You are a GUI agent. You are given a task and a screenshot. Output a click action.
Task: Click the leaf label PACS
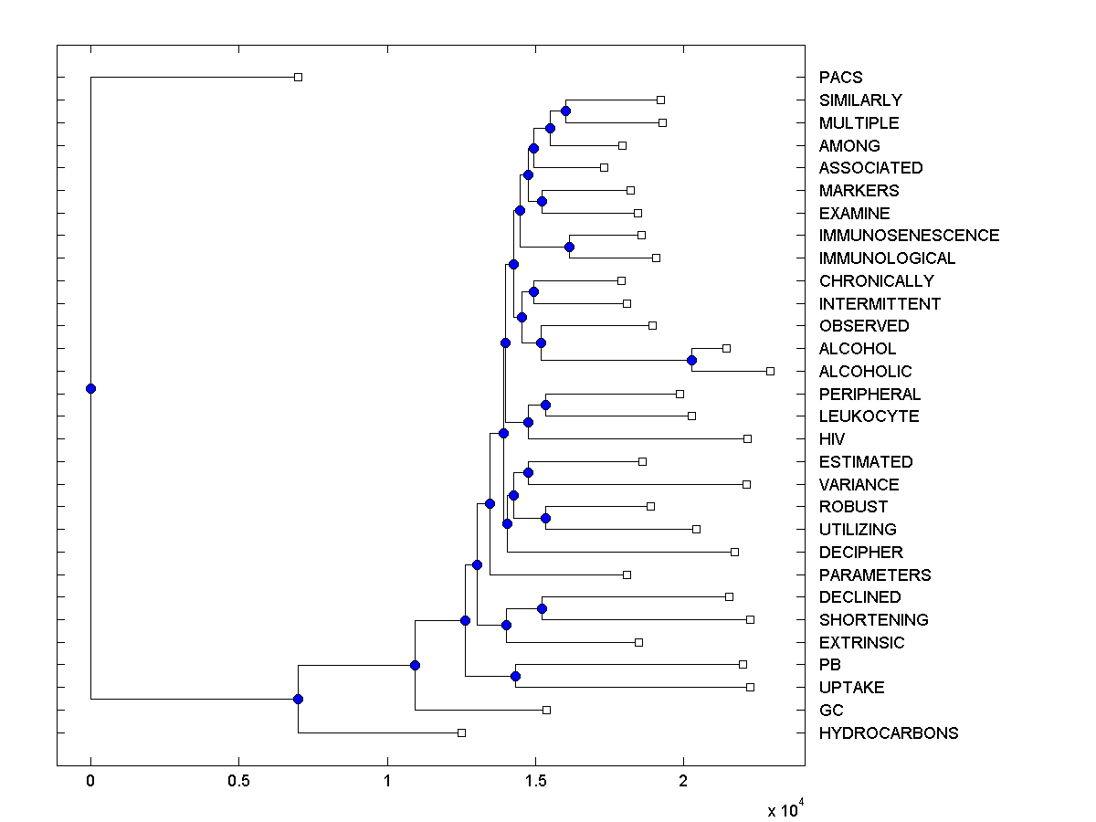pyautogui.click(x=840, y=78)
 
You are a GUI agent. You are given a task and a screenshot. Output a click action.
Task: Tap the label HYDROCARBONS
pyautogui.click(x=889, y=733)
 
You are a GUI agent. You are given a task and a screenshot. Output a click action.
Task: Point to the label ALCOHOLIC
pyautogui.click(x=865, y=372)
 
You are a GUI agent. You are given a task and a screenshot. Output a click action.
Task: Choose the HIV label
pyautogui.click(x=832, y=439)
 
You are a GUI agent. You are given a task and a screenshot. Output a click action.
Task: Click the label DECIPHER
pyautogui.click(x=860, y=553)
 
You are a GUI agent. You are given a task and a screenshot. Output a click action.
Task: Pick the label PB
pyautogui.click(x=830, y=665)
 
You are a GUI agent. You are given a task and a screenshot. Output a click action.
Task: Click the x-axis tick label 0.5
pyautogui.click(x=238, y=783)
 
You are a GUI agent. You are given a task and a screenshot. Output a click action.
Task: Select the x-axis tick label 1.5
pyautogui.click(x=535, y=783)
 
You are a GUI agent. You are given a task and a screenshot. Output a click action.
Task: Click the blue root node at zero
pyautogui.click(x=90, y=388)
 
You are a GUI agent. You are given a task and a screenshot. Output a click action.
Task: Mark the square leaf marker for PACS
pyautogui.click(x=298, y=77)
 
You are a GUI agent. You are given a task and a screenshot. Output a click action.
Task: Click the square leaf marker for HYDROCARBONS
pyautogui.click(x=461, y=732)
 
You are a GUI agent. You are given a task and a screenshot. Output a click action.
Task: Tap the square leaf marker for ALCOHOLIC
pyautogui.click(x=770, y=371)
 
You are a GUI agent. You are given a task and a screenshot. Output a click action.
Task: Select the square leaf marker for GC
pyautogui.click(x=546, y=710)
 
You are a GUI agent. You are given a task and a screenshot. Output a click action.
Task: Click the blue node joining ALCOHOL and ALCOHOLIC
pyautogui.click(x=691, y=360)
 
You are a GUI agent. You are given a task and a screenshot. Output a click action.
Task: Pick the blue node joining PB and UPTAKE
pyautogui.click(x=515, y=677)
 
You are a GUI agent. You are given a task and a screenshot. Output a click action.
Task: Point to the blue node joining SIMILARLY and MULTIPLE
pyautogui.click(x=565, y=111)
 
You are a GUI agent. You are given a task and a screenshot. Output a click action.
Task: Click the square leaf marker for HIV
pyautogui.click(x=747, y=439)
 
